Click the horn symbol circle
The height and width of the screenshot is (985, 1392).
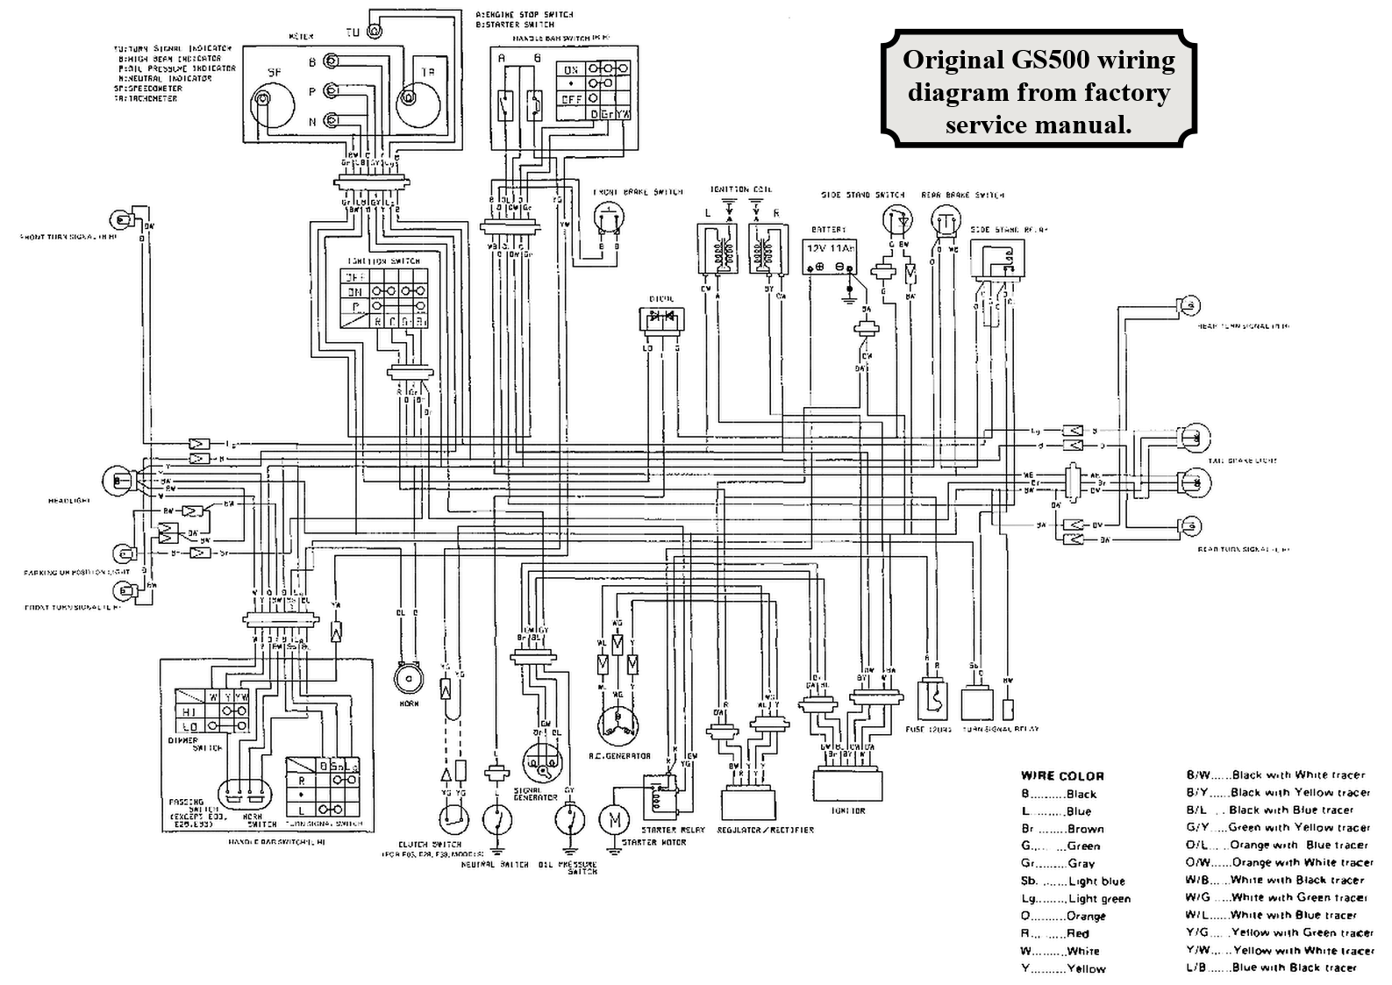407,677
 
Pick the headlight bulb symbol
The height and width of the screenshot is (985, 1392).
118,480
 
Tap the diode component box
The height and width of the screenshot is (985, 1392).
660,320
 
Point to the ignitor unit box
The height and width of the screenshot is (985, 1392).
847,783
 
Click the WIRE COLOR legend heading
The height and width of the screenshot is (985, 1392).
1061,775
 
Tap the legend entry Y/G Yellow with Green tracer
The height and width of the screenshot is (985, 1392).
1279,932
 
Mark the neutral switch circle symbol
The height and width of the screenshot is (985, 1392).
496,820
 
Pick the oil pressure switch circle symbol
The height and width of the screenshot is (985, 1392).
569,820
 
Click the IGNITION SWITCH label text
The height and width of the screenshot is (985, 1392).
384,261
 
